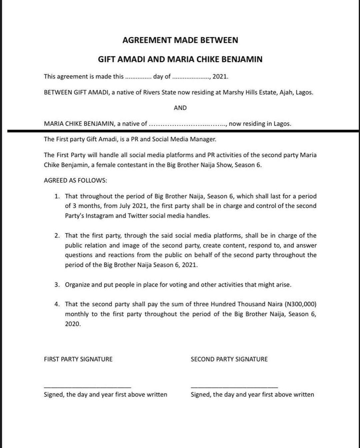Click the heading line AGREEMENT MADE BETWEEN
(180, 40)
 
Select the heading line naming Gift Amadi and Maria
(180, 59)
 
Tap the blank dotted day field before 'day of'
(138, 77)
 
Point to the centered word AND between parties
(180, 108)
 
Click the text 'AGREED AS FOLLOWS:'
(75, 180)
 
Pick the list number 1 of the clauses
(57, 196)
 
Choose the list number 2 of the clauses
(57, 236)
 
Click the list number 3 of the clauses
(57, 285)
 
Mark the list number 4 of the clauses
(57, 304)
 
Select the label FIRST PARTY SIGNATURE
(78, 359)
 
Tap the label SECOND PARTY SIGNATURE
(229, 359)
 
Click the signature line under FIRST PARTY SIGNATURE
(87, 387)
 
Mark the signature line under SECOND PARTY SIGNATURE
(234, 387)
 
